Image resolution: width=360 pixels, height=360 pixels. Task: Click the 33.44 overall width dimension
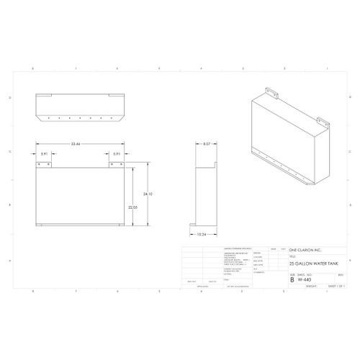pos(77,144)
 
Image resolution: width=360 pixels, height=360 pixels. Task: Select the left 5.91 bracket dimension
pos(45,153)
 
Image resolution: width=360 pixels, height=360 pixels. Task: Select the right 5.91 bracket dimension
pos(115,153)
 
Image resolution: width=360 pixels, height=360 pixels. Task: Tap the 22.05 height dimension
pos(134,207)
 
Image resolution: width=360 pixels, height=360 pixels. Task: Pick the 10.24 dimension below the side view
pos(203,234)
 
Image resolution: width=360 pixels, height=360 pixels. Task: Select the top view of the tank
pos(78,108)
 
